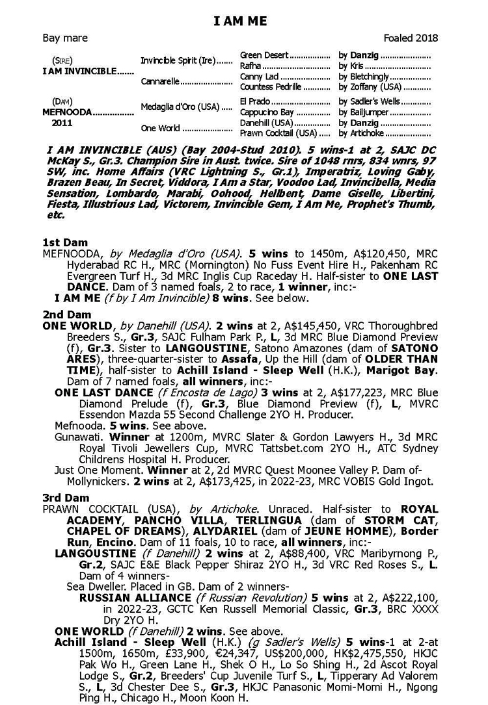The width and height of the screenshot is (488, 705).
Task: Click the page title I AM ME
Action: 240,22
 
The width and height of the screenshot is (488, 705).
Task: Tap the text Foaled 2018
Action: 411,38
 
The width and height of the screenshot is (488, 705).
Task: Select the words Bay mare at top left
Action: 65,38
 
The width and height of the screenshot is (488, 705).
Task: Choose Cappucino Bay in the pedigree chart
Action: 265,112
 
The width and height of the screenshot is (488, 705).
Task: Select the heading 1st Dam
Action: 65,242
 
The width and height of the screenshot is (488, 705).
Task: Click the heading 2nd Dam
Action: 66,314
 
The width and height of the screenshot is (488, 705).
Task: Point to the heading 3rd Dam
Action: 65,498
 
